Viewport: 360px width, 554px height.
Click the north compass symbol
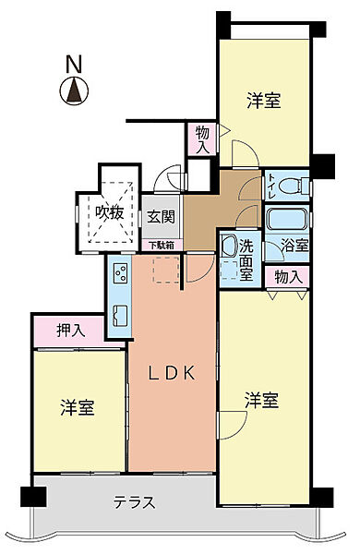pyautogui.click(x=72, y=90)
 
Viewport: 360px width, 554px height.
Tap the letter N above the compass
pyautogui.click(x=72, y=65)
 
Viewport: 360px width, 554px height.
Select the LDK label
pyautogui.click(x=172, y=373)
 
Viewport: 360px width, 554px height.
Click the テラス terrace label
pyautogui.click(x=134, y=503)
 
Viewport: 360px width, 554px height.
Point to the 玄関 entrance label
pyautogui.click(x=161, y=218)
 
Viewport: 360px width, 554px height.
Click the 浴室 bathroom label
pyautogui.click(x=295, y=247)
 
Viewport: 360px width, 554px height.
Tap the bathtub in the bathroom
pyautogui.click(x=286, y=220)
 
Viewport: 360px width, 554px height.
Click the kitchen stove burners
pyautogui.click(x=120, y=271)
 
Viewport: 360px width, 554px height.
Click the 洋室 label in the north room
pyautogui.click(x=263, y=102)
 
